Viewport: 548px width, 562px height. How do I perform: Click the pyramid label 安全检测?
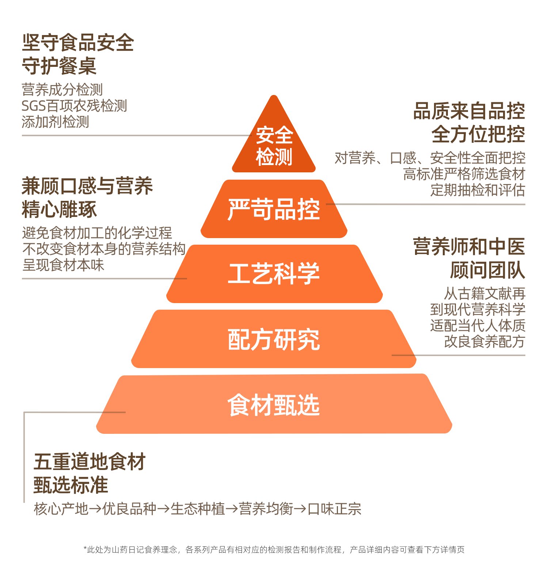click(274, 146)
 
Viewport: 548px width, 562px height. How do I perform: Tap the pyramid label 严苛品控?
click(274, 209)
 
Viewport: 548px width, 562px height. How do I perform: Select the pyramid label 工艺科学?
click(274, 274)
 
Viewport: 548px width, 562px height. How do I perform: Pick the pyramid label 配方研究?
click(274, 340)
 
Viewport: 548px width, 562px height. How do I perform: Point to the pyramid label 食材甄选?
click(274, 405)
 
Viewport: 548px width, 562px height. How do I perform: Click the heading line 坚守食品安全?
click(78, 43)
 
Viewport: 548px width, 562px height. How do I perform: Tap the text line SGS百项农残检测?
click(74, 106)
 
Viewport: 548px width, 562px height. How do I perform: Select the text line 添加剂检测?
click(55, 122)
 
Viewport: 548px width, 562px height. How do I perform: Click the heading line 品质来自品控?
click(469, 111)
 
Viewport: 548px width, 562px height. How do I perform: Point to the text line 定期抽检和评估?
click(477, 190)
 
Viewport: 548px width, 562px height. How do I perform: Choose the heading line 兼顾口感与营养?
click(87, 186)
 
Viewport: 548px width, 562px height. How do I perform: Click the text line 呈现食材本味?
click(63, 265)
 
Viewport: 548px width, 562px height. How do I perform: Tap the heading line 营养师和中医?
click(469, 247)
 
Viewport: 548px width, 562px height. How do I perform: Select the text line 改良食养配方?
click(484, 341)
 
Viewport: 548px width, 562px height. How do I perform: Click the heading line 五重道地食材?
click(90, 462)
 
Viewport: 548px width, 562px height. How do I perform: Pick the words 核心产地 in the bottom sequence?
click(61, 509)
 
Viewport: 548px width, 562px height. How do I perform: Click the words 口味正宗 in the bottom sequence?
click(334, 509)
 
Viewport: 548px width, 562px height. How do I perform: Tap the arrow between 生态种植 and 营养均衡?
click(232, 509)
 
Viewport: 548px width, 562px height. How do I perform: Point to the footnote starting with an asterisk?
click(274, 550)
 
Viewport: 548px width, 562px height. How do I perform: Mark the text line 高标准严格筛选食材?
click(464, 174)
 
